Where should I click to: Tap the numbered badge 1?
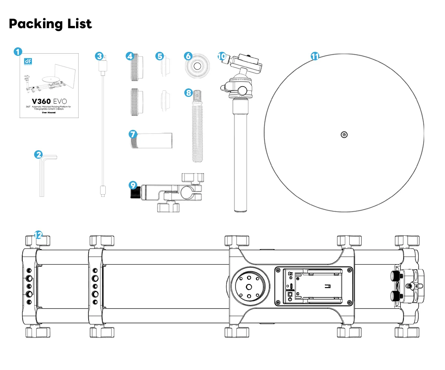click(x=18, y=52)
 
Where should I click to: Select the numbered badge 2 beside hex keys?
click(x=39, y=154)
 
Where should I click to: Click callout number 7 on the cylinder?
click(x=133, y=133)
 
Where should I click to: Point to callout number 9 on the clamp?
click(x=133, y=184)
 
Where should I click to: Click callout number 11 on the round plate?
click(x=314, y=56)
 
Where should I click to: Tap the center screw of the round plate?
click(x=344, y=135)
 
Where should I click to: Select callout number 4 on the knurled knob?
click(x=129, y=56)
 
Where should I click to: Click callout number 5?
click(x=159, y=56)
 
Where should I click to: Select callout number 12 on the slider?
click(x=38, y=235)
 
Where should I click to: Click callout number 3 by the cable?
click(x=99, y=56)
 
